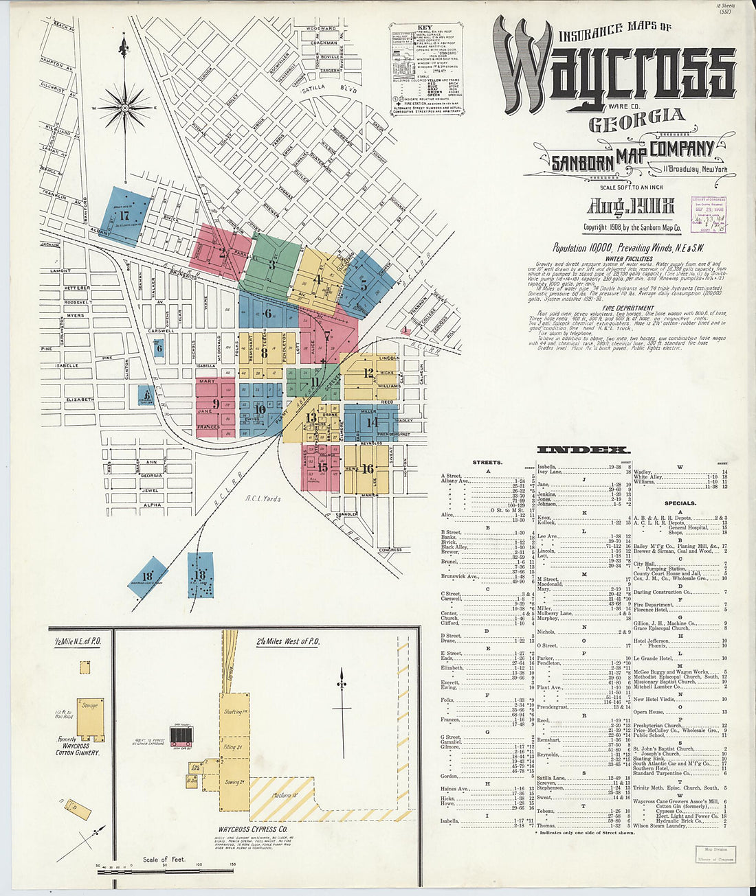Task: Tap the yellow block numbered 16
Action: (x=368, y=469)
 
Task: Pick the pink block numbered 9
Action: (x=215, y=406)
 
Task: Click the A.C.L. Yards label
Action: (x=262, y=499)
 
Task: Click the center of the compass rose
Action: (x=125, y=108)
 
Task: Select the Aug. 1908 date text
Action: (x=630, y=206)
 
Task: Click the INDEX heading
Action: (x=582, y=450)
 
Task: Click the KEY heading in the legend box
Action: (x=424, y=28)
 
